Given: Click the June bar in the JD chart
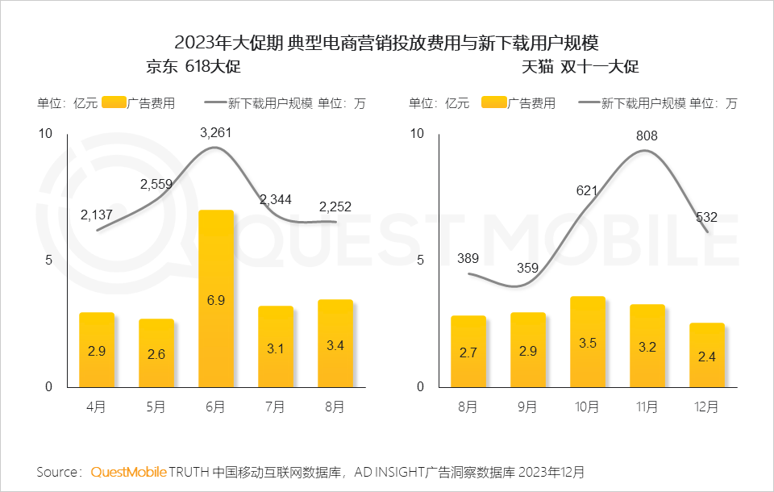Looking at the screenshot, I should pos(216,298).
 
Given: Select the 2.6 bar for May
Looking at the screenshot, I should pos(156,352).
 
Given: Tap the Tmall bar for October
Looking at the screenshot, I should pos(588,341).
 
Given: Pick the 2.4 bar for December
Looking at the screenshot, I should pos(707,355).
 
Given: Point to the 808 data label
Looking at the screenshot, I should pos(647,136).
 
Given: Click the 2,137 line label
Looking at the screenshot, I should pos(97,215).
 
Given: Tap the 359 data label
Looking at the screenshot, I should pos(527,268).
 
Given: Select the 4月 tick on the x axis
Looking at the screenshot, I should pos(97,407).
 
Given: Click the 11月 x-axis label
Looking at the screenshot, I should pos(647,407).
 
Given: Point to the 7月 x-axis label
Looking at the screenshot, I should pos(275,407).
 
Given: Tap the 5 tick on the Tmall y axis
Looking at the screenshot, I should pos(418,260).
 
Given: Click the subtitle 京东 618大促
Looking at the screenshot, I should pos(193,67).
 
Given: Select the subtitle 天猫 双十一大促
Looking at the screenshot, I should pos(580,67).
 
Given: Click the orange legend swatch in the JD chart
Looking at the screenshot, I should pos(114,102).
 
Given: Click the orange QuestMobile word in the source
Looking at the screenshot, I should pos(129,471).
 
